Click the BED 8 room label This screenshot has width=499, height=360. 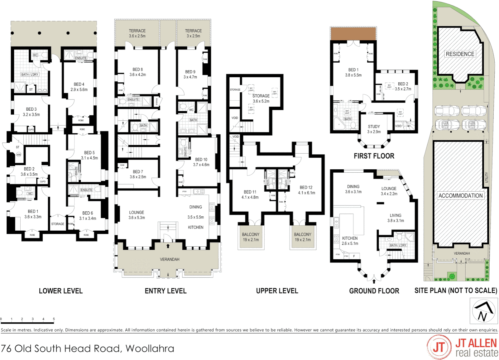pyautogui.click(x=137, y=70)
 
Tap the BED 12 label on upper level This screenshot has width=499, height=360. pyautogui.click(x=306, y=188)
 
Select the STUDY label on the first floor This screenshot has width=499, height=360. pyautogui.click(x=374, y=127)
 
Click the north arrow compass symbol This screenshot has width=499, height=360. pyautogui.click(x=483, y=311)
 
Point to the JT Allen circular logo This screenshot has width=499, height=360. pyautogui.click(x=439, y=347)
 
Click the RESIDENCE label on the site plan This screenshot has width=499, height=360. pyautogui.click(x=460, y=54)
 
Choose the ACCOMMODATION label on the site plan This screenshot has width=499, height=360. pyautogui.click(x=460, y=196)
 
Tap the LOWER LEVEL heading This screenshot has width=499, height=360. pyautogui.click(x=61, y=291)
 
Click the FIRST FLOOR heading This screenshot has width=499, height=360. pyautogui.click(x=374, y=156)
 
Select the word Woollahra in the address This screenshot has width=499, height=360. pyautogui.click(x=150, y=349)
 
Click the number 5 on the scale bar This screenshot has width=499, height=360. pyautogui.click(x=54, y=319)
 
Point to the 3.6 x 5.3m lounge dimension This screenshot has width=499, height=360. pyautogui.click(x=136, y=218)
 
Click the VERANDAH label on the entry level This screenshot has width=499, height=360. pyautogui.click(x=169, y=259)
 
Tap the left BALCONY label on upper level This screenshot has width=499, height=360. pyautogui.click(x=251, y=235)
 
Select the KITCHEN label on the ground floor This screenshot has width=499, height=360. pyautogui.click(x=350, y=238)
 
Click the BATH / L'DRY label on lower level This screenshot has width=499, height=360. pyautogui.click(x=30, y=74)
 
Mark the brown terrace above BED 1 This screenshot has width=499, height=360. pyautogui.click(x=353, y=34)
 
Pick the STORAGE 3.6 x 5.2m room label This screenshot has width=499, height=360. pyautogui.click(x=261, y=96)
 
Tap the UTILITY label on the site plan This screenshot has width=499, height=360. pyautogui.click(x=486, y=177)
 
